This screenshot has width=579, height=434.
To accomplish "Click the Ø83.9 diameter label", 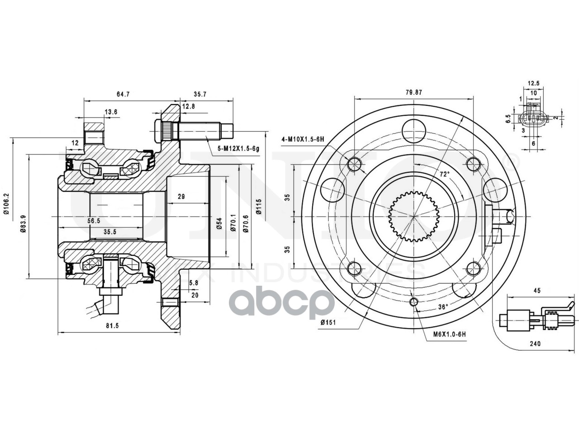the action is point(22,217).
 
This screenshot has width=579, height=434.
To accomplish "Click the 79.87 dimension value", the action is point(413,92).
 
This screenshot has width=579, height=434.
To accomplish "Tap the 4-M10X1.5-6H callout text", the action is point(302,139).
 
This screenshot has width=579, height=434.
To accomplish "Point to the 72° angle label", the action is point(445,174).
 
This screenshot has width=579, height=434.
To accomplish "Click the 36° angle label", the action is point(443,307).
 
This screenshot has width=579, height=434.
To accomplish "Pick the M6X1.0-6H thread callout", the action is point(449,334).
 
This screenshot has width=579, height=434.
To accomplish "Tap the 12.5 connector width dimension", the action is point(534,83).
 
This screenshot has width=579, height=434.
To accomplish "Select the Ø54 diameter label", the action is point(219,224).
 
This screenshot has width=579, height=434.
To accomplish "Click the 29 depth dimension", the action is point(181,197).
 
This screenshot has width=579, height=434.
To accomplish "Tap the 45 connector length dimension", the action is point(537,291).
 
